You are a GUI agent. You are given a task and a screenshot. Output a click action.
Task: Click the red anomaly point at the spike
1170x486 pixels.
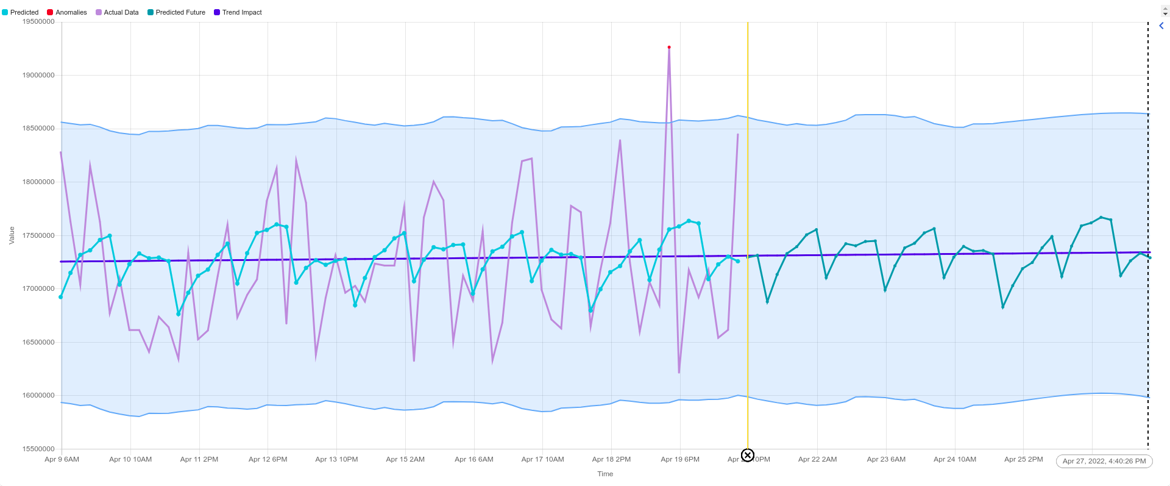669,47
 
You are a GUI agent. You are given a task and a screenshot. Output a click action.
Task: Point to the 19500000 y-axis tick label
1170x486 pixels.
38,21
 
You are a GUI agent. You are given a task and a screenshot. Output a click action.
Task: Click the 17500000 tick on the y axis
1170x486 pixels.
38,235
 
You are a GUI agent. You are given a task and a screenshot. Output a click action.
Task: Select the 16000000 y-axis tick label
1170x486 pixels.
38,395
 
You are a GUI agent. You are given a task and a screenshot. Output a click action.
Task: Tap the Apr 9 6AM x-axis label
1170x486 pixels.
62,459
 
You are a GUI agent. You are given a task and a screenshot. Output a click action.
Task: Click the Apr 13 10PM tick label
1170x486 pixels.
336,459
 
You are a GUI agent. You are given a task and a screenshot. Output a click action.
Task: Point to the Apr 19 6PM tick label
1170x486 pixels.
680,459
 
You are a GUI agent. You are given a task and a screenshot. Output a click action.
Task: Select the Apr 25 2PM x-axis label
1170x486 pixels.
1023,459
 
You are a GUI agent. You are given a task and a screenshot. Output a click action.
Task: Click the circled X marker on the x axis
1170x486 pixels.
748,456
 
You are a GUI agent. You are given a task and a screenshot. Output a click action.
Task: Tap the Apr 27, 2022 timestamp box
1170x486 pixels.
1104,461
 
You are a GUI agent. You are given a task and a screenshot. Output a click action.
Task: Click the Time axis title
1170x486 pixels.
605,474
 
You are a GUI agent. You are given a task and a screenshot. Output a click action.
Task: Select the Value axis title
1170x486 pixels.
12,235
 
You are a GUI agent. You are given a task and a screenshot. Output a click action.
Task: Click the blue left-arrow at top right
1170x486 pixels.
1161,26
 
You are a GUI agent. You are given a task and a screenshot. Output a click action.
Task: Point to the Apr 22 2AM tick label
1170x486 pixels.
817,459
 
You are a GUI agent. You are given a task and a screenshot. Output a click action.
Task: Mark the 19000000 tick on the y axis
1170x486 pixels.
38,75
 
